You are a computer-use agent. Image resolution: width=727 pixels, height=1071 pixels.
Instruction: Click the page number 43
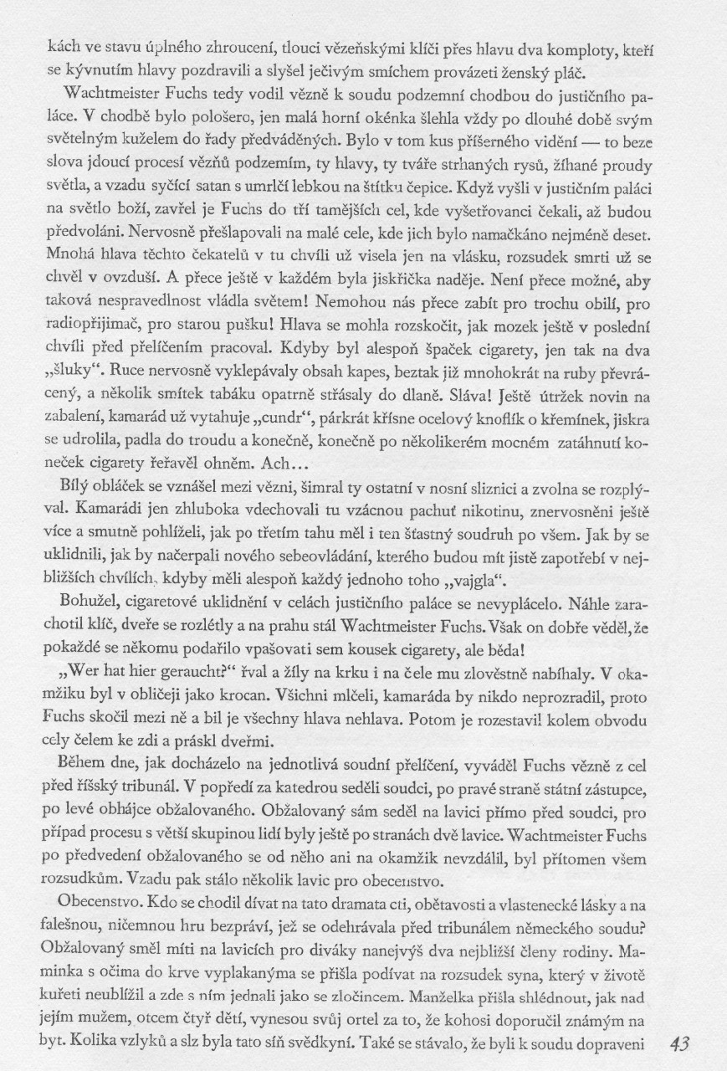(685, 1043)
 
